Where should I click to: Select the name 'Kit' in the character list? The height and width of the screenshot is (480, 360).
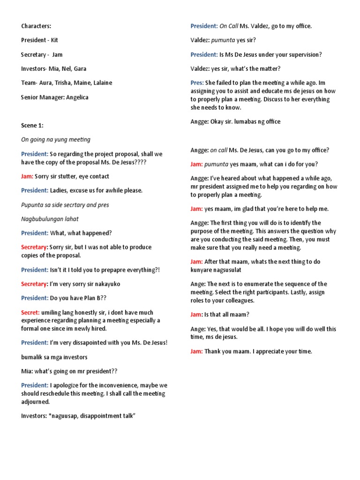(x=55, y=40)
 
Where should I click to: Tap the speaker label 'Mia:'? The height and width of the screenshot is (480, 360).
(x=27, y=371)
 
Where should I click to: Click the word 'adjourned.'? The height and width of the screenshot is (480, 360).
(x=35, y=402)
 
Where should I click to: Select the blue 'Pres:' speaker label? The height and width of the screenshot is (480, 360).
(x=197, y=82)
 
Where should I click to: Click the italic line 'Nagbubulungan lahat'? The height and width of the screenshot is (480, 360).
(x=50, y=219)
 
